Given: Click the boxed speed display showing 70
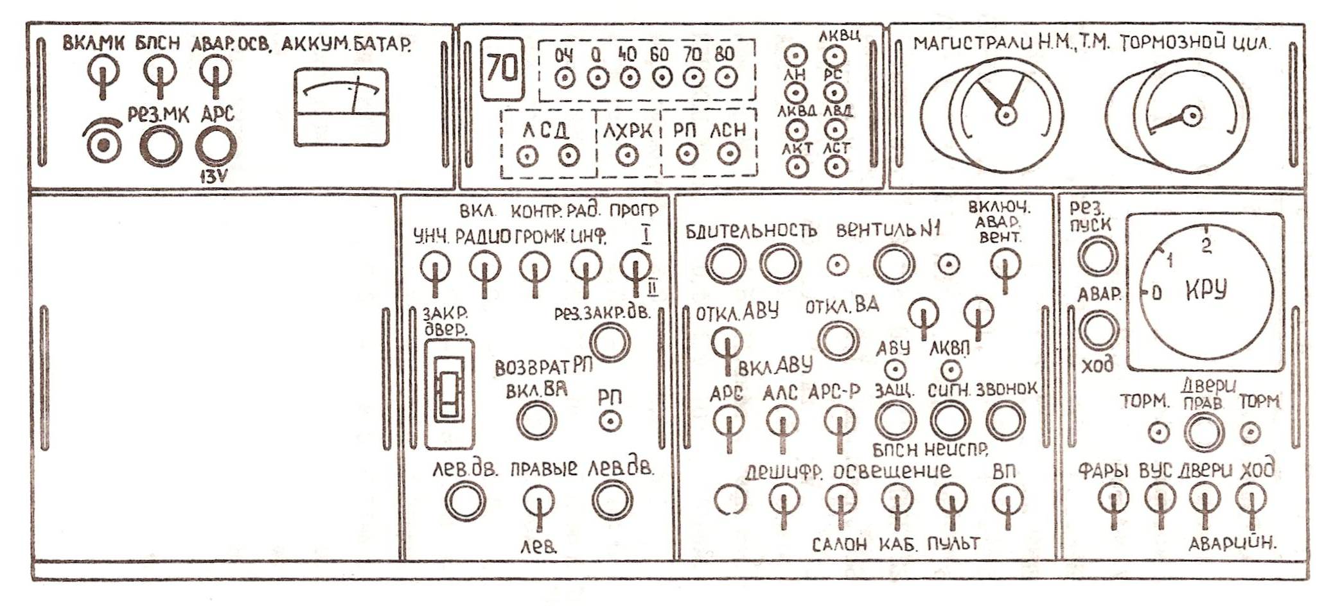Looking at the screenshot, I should tap(501, 68).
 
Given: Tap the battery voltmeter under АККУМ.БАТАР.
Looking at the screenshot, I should tap(341, 108).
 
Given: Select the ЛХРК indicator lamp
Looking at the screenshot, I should tap(627, 155).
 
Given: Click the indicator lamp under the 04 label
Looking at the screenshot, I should tap(564, 79).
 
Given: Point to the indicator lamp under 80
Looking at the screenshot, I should tap(724, 78).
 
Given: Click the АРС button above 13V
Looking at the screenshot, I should tap(215, 147).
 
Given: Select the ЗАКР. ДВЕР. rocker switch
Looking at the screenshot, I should tap(449, 393).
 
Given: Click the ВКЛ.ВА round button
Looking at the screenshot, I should tap(536, 420).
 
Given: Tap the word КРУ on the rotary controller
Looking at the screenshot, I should tap(1206, 290).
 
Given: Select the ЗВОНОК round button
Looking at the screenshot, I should tap(1005, 420).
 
